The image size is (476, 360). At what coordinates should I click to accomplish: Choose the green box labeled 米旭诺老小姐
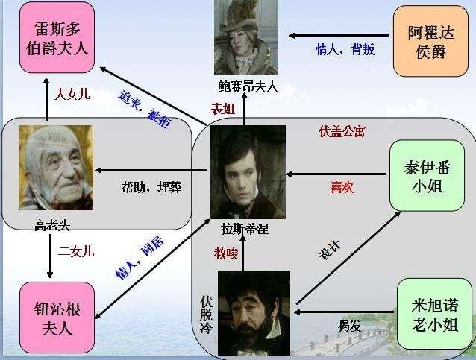pyautogui.click(x=434, y=315)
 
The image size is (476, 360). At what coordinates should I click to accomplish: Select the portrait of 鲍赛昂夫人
pyautogui.click(x=245, y=37)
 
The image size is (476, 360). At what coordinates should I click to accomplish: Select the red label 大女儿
pyautogui.click(x=75, y=95)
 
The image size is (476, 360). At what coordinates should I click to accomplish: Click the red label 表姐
pyautogui.click(x=223, y=109)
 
